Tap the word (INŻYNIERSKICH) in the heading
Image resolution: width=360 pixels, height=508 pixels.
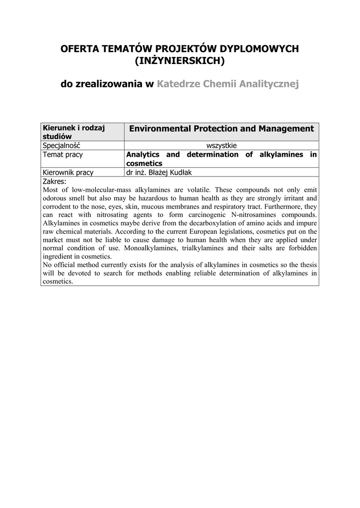pos(180,61)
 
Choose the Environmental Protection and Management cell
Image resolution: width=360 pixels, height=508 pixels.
pos(221,129)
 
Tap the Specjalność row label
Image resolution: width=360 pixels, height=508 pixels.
pos(62,145)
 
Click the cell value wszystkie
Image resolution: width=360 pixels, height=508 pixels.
pos(221,145)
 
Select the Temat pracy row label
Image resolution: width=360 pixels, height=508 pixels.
pos(63,154)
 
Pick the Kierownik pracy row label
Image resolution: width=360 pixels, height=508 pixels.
pos(69,172)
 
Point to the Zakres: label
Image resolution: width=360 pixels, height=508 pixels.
pos(55,181)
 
